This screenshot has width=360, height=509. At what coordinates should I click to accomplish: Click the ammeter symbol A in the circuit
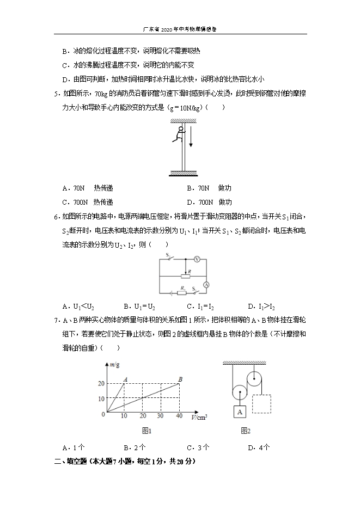(x=206, y=284)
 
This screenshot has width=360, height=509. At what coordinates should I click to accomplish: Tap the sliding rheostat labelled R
(x=185, y=276)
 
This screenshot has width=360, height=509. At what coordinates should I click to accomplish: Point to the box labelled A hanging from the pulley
(x=240, y=413)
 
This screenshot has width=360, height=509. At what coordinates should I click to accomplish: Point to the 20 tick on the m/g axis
(x=101, y=384)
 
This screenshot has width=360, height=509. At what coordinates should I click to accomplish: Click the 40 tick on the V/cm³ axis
(x=179, y=416)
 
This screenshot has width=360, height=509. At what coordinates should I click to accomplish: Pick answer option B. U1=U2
(x=139, y=306)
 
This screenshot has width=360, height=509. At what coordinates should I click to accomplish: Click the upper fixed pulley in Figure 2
(x=254, y=378)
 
